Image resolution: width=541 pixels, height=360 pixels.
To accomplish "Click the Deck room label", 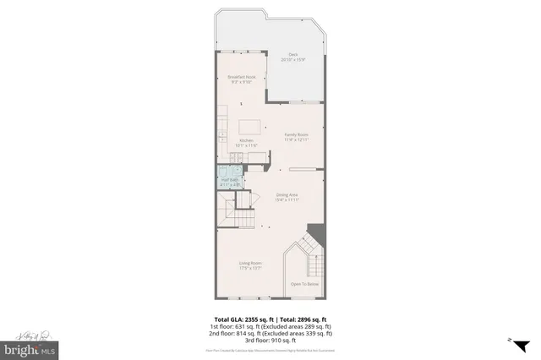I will [292, 55].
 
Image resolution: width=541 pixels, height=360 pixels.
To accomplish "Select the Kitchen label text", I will [247, 140].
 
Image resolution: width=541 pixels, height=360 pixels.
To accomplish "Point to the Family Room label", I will [296, 134].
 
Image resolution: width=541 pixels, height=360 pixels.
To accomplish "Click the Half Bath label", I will [227, 180].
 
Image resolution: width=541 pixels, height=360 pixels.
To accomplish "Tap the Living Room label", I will [250, 263].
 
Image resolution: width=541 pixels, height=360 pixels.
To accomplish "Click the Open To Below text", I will [305, 285].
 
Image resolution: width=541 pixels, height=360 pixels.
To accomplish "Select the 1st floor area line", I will [270, 326].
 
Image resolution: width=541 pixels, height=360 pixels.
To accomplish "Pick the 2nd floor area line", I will [270, 333].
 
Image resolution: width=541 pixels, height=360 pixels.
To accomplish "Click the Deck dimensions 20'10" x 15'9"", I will [292, 59].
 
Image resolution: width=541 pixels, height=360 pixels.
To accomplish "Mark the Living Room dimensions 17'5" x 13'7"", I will [250, 268].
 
